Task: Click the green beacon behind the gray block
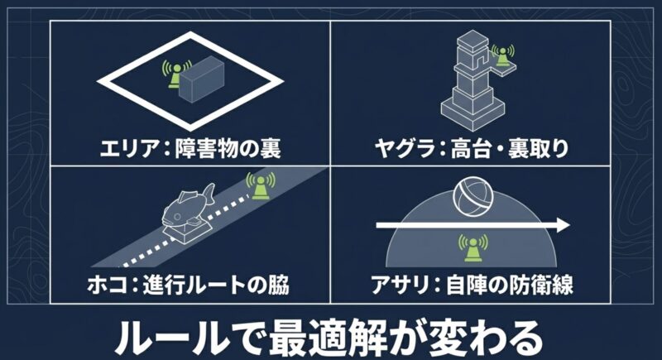[x=175, y=74]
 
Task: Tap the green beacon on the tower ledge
[x=502, y=55]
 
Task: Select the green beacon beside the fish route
[x=261, y=185]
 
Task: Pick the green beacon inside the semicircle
[x=473, y=247]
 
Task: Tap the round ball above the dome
[x=473, y=197]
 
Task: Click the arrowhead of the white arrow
[x=564, y=225]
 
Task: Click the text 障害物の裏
[x=228, y=149]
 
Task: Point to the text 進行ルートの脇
[x=216, y=285]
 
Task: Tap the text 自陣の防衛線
[x=510, y=285]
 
